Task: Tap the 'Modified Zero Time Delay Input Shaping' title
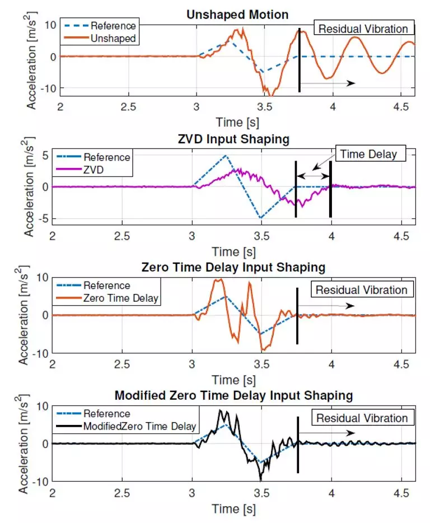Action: tap(233, 395)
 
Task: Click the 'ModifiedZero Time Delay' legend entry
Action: tap(140, 426)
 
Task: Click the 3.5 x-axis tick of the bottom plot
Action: tap(262, 493)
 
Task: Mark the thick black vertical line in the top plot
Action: tap(300, 60)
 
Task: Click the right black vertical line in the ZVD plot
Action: tap(330, 189)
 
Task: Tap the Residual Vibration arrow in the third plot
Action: tap(326, 306)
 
